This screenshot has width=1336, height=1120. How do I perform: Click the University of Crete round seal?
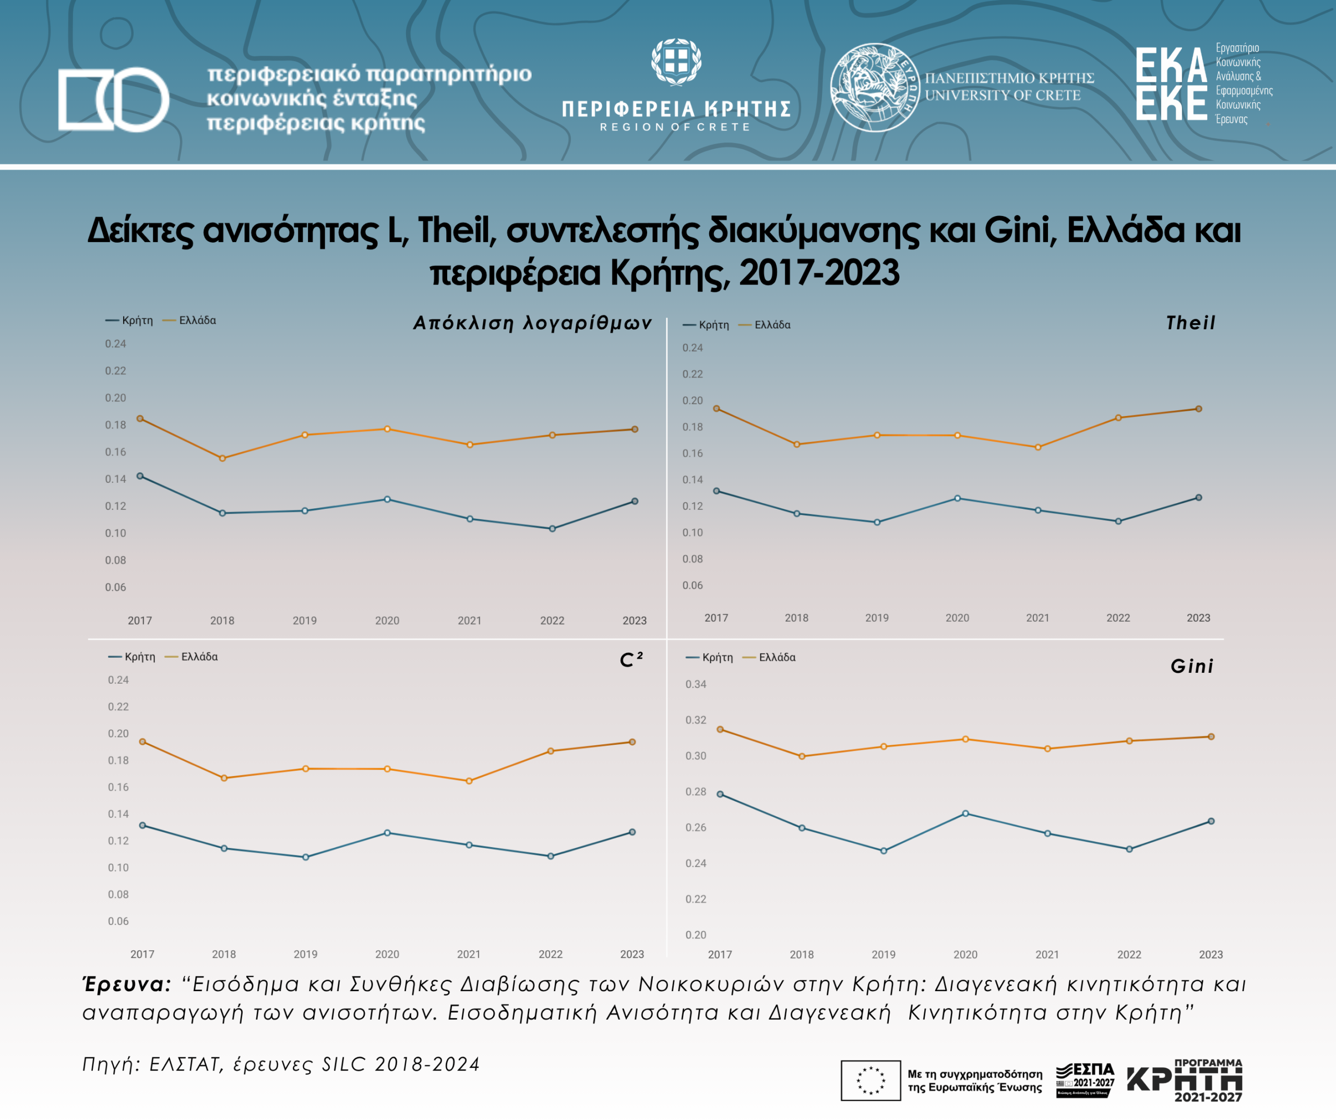(875, 87)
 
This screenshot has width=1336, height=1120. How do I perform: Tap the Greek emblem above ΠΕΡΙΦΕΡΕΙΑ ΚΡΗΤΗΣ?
(676, 61)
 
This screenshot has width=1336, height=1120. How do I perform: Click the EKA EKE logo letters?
(1171, 84)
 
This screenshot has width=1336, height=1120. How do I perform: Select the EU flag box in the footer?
(870, 1080)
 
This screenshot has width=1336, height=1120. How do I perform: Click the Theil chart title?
(1190, 323)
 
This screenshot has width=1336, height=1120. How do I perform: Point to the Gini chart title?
(1192, 666)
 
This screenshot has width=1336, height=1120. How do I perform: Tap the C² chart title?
(631, 659)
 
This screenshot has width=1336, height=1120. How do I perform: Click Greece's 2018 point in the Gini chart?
(802, 757)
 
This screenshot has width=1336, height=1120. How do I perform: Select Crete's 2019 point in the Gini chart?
(884, 851)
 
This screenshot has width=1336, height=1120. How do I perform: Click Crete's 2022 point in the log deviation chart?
(552, 529)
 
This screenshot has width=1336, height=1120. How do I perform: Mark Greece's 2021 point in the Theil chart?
(1037, 447)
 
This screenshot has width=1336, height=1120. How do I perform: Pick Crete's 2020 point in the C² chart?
(387, 833)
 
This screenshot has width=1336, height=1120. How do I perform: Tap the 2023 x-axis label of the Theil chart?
(1198, 618)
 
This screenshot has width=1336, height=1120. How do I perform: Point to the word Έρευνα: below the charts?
(127, 984)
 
